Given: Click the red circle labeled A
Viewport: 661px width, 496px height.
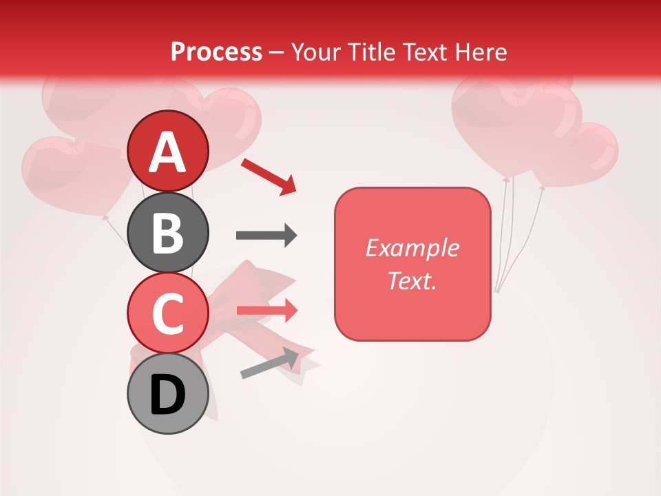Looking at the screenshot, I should (x=167, y=151).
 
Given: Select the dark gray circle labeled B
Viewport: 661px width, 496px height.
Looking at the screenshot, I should (x=167, y=232).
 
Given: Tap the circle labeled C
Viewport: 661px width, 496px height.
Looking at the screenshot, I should (x=167, y=313).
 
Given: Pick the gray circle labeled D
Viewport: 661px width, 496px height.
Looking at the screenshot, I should (x=167, y=393).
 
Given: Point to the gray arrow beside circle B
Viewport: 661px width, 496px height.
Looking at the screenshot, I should (x=266, y=236).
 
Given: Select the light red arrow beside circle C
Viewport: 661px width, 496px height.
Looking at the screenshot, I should (x=267, y=310).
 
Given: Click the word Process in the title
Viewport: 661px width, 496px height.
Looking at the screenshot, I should (x=216, y=52).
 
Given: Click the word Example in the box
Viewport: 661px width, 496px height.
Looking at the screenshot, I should (x=412, y=248).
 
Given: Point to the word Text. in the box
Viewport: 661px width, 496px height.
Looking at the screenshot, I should (x=412, y=280).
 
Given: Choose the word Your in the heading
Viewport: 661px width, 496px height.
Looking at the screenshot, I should (x=315, y=52).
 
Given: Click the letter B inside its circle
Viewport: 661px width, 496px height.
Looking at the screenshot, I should (x=167, y=233).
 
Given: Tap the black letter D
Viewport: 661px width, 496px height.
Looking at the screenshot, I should (x=167, y=394).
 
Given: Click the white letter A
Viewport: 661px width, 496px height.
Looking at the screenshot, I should (x=167, y=152).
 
